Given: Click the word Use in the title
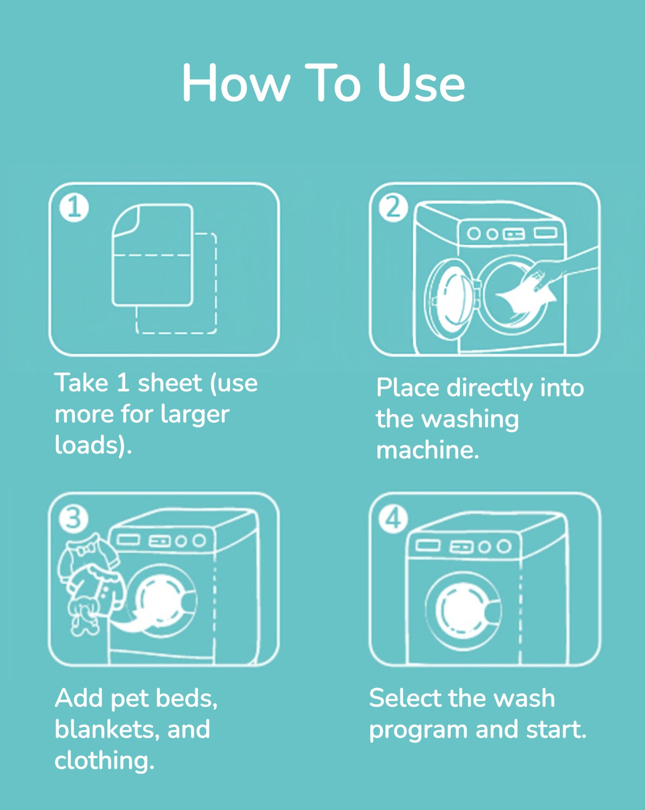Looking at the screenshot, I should [x=420, y=83].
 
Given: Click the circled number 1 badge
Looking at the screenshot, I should [x=74, y=208].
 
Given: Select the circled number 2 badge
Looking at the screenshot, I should [x=393, y=207].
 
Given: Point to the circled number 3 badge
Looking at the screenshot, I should [x=73, y=519].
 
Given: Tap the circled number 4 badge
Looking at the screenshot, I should [x=393, y=519].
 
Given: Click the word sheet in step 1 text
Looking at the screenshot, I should [x=169, y=383].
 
